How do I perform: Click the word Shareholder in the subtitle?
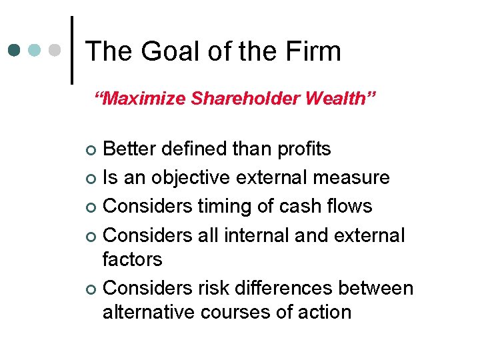click(x=245, y=99)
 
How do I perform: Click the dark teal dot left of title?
click(x=15, y=50)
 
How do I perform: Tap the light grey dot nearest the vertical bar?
click(x=56, y=50)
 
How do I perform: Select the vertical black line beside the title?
click(x=71, y=50)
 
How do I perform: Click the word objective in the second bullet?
click(x=194, y=178)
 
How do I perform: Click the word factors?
click(x=132, y=259)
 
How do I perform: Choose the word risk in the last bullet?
click(x=215, y=288)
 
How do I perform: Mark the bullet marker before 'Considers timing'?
click(x=91, y=207)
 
